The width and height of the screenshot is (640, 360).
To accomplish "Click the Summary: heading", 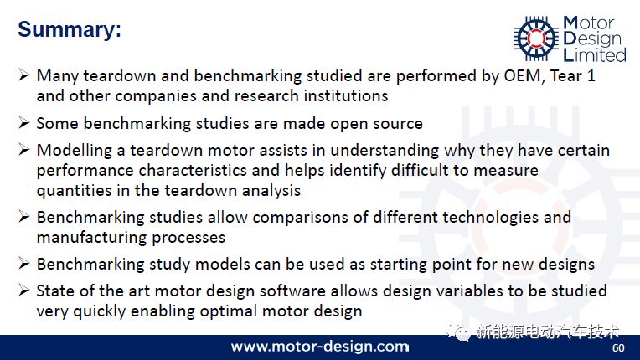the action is point(70,30).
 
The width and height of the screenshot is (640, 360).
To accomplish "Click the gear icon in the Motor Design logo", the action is point(536,38).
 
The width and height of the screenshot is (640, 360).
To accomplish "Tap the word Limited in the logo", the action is point(595,54).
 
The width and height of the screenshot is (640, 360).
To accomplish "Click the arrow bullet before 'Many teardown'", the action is point(24,75).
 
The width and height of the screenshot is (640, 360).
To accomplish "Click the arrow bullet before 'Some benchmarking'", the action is point(24,123).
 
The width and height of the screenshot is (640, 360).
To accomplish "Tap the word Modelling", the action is point(75,151).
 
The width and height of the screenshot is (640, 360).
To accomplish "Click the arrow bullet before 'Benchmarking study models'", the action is point(24,264).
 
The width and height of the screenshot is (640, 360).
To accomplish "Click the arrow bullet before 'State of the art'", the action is point(24,291).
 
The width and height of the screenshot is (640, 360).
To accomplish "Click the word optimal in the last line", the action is point(229,311).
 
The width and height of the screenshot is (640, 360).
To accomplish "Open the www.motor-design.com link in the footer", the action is point(320,347).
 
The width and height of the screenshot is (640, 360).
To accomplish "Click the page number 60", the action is point(618,347).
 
